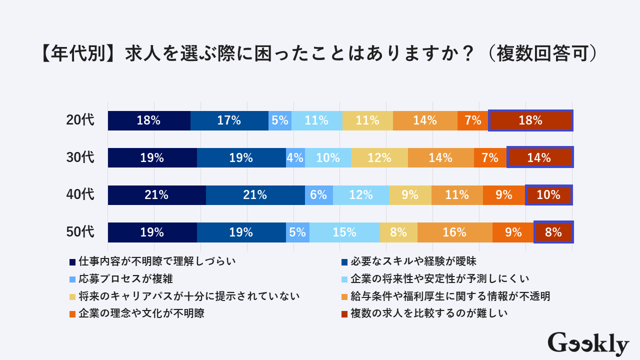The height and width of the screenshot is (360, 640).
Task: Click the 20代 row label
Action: point(80,120)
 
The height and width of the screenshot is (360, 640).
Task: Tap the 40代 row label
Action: point(80,195)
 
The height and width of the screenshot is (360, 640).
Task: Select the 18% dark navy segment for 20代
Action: point(149,120)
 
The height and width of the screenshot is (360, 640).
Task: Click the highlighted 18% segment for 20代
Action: point(530,120)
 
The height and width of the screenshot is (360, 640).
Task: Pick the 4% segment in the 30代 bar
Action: point(295,158)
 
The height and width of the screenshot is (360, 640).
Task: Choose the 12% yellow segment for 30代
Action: point(379,158)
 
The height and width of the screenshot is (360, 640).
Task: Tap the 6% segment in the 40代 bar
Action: point(318,195)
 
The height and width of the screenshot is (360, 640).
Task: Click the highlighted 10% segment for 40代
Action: point(548,195)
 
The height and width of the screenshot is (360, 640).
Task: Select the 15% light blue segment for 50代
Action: point(344,232)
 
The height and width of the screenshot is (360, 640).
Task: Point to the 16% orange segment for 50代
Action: point(454,232)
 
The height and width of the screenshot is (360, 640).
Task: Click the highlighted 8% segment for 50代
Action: point(553,232)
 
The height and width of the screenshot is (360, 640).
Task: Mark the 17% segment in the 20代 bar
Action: point(229,120)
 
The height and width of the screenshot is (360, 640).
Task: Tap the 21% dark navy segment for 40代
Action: point(156,195)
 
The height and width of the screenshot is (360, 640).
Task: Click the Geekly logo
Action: point(588,343)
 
